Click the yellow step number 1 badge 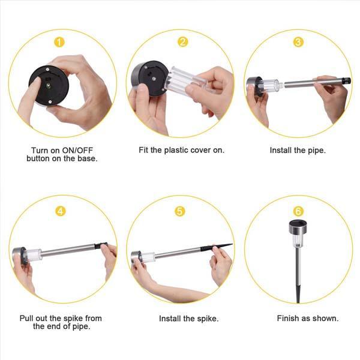coord(59,42)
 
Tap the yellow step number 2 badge coord(182,42)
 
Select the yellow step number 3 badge coord(298,42)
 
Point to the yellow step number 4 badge coord(61,211)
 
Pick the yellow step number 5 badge coord(180,211)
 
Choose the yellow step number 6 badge coord(298,211)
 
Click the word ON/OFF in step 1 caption coord(77,151)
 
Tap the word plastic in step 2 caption coord(176,150)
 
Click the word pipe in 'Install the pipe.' coord(318,151)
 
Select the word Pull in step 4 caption coord(26,318)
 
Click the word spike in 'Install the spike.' coord(208,319)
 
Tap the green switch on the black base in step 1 coord(49,86)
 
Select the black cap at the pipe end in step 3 coord(346,81)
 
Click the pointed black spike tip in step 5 coord(232,245)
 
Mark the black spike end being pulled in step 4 coord(101,245)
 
